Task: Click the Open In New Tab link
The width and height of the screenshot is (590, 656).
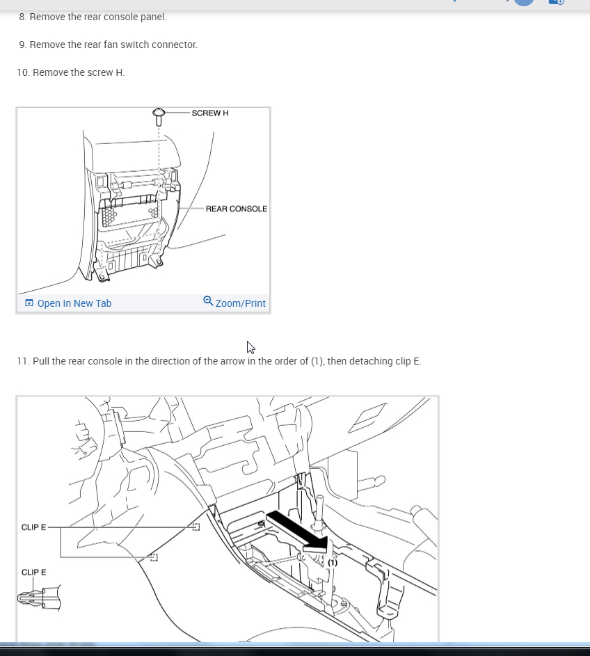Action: pos(74,303)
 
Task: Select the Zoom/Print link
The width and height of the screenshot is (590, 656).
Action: pos(240,303)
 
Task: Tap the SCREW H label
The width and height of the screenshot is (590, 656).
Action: pos(210,113)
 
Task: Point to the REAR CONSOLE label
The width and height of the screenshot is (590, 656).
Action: pos(237,209)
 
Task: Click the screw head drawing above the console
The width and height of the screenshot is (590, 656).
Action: pos(159,117)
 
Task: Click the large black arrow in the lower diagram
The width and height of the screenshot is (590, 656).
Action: pos(298,531)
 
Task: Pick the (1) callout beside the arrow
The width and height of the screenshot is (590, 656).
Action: pos(333,563)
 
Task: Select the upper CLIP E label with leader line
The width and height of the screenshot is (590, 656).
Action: pos(34,527)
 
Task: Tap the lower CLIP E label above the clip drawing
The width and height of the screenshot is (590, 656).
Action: pos(34,572)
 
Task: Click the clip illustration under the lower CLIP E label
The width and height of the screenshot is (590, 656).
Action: pos(39,598)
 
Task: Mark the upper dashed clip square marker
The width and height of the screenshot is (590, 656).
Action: pos(196,527)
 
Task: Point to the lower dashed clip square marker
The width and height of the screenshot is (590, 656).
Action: pos(154,557)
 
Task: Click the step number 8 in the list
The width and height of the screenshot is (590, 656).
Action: pos(22,17)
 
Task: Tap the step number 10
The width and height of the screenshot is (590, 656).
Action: pos(24,72)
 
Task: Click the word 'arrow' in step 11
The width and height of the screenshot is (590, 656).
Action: pos(232,361)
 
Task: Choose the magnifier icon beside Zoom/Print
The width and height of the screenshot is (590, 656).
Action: pos(208,301)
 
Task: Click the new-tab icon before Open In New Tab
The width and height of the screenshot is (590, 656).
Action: pos(29,303)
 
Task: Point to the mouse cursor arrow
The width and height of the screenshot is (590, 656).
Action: pos(250,348)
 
